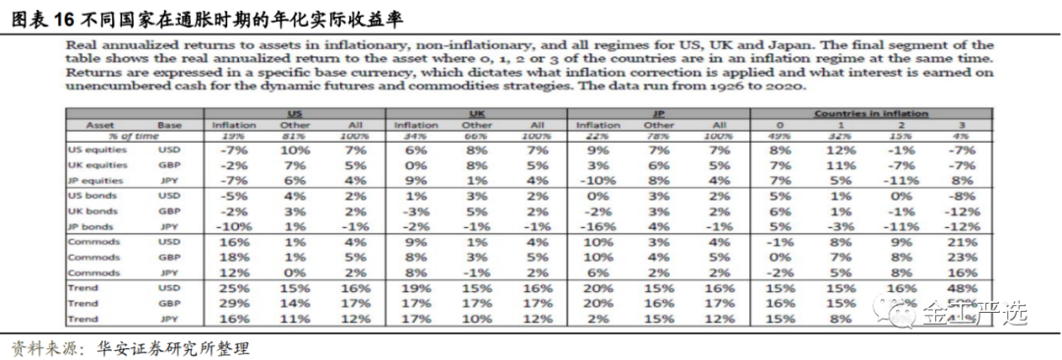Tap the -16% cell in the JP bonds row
598,226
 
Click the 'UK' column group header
476,114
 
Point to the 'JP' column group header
659,114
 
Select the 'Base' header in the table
171,125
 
